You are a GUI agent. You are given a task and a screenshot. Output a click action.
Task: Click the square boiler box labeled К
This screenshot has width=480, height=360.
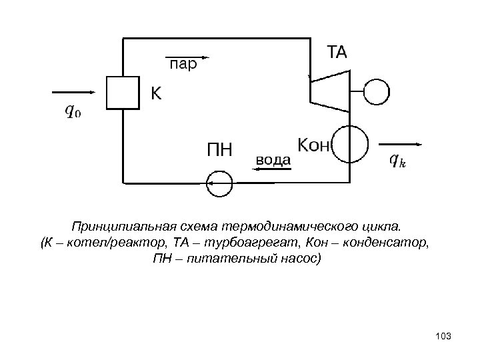pyautogui.click(x=121, y=92)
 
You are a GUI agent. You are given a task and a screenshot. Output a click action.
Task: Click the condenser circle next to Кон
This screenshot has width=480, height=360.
pyautogui.click(x=349, y=145)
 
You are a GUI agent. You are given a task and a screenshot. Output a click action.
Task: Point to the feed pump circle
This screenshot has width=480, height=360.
pyautogui.click(x=219, y=183)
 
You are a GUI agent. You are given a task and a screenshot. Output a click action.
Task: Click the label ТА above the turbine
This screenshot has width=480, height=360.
pyautogui.click(x=336, y=52)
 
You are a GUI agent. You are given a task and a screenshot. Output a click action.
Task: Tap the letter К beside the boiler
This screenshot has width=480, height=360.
pyautogui.click(x=155, y=94)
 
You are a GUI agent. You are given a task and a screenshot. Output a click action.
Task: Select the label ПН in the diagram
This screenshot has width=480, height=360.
pyautogui.click(x=219, y=149)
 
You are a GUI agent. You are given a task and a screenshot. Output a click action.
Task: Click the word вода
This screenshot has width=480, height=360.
pyautogui.click(x=273, y=160)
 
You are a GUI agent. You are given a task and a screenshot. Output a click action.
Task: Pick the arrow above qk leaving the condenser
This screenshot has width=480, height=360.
pyautogui.click(x=400, y=144)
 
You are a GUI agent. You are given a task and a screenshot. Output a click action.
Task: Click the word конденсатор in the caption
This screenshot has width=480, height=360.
pyautogui.click(x=387, y=241)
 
